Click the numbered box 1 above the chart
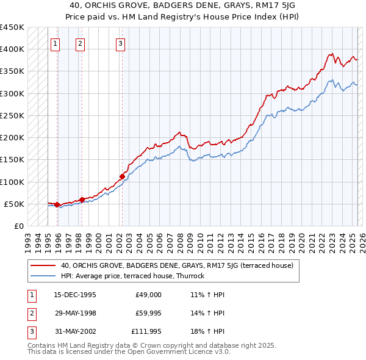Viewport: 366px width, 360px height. pyautogui.click(x=56, y=43)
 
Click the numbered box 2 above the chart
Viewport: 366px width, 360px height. pyautogui.click(x=81, y=43)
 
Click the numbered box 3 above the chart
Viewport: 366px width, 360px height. pyautogui.click(x=120, y=43)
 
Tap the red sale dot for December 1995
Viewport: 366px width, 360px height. pyautogui.click(x=57, y=204)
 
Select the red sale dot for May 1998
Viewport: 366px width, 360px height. pyautogui.click(x=82, y=200)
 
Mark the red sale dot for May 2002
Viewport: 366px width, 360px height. pyautogui.click(x=122, y=176)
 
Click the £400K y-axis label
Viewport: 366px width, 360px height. pyautogui.click(x=12, y=49)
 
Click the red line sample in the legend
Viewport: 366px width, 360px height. pyautogui.click(x=43, y=265)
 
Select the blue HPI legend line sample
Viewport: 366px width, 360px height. pyautogui.click(x=43, y=276)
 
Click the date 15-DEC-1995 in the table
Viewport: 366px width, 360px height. pyautogui.click(x=75, y=295)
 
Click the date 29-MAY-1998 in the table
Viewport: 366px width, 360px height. pyautogui.click(x=75, y=313)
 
